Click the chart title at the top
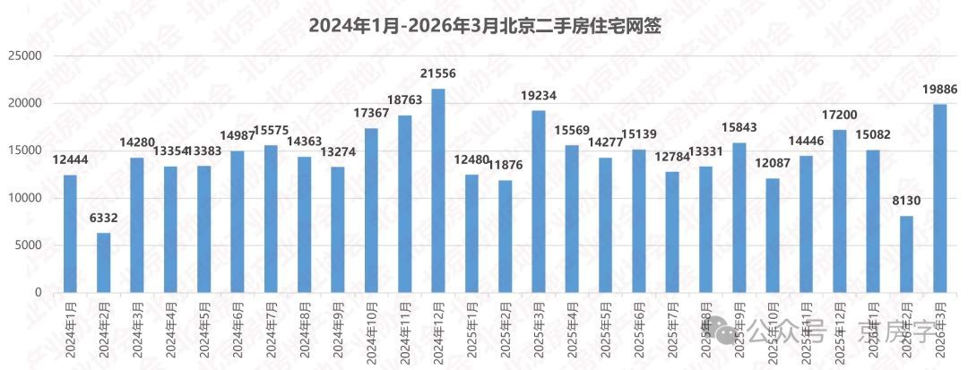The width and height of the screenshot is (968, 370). click(484, 25)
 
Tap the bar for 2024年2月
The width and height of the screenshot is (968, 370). click(104, 262)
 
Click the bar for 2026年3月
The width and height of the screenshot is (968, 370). click(939, 199)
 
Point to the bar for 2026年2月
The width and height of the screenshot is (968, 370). click(906, 254)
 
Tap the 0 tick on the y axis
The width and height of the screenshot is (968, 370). click(39, 293)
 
